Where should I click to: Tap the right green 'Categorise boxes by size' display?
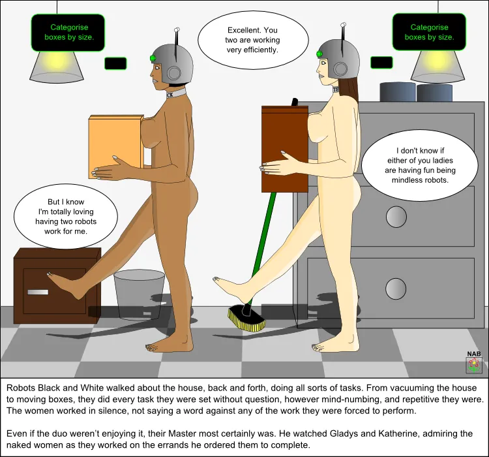(x=428, y=33)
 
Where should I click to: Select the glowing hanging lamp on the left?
(x=57, y=65)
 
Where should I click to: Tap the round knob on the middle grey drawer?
(x=396, y=216)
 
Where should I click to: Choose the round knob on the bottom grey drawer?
(x=396, y=288)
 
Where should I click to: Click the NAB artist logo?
(x=474, y=362)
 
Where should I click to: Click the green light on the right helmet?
(x=320, y=54)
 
